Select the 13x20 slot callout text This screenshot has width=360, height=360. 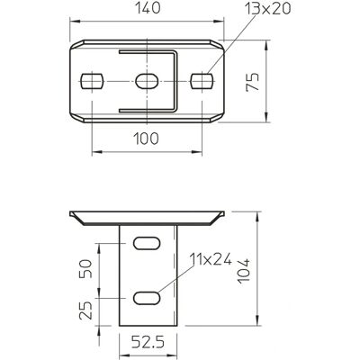[x=267, y=9]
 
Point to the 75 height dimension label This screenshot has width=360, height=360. [x=252, y=82]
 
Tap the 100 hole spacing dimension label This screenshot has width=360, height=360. [x=146, y=139]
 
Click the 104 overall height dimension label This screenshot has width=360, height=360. [x=243, y=271]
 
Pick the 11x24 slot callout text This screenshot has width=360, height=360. [x=211, y=259]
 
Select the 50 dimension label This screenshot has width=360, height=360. [x=85, y=269]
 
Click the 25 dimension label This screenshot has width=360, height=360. [x=85, y=310]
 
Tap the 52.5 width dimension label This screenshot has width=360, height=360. [x=148, y=342]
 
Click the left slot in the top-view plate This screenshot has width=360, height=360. [x=92, y=81]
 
